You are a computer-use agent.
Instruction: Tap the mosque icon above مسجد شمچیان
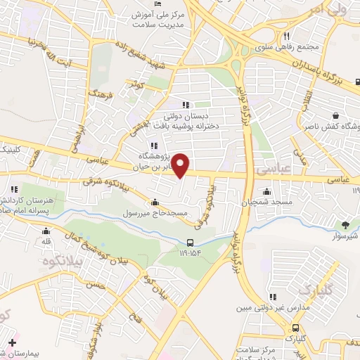click(x=266, y=191)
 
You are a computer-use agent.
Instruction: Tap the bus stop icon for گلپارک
click(x=295, y=327)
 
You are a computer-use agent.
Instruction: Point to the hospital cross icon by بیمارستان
click(x=12, y=343)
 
